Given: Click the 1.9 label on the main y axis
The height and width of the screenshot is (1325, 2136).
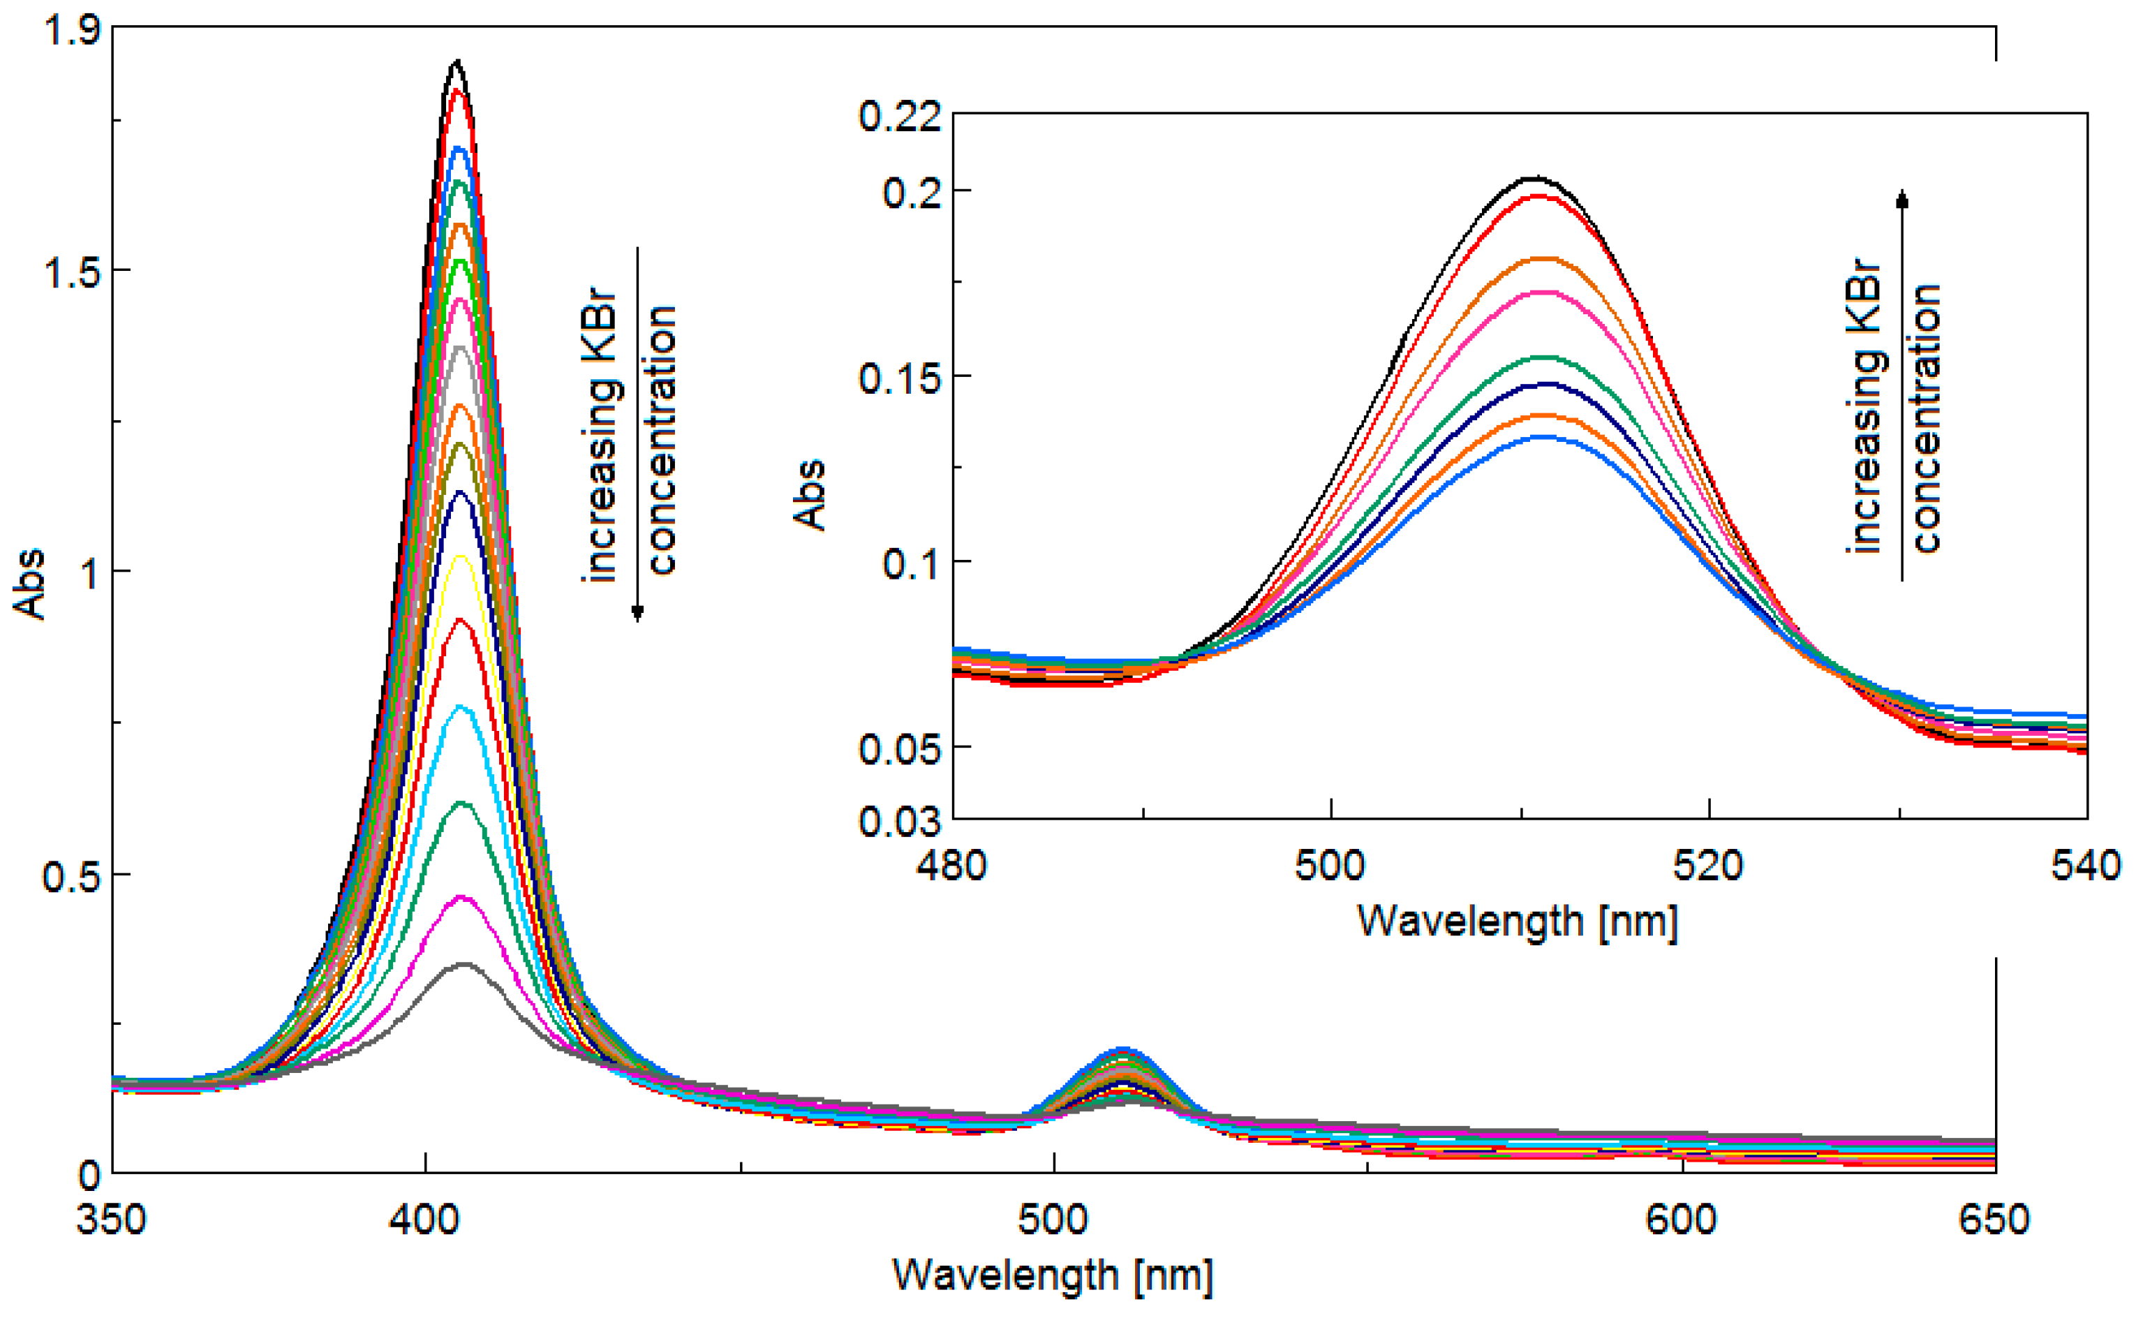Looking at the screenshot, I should (72, 31).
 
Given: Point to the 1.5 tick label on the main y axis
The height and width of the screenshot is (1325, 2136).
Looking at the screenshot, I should (72, 272).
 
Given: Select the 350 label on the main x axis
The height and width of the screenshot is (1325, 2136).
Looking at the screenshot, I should (111, 1220).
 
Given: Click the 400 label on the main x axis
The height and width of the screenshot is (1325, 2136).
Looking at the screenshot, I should (425, 1220).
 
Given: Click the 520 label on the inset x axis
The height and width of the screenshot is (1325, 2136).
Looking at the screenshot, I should (1707, 866).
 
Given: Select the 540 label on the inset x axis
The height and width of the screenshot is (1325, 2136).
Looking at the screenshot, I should (2085, 866).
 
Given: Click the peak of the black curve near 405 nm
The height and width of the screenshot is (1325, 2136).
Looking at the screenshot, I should (456, 61).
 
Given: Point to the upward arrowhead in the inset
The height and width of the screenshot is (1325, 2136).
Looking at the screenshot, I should (1902, 198).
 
